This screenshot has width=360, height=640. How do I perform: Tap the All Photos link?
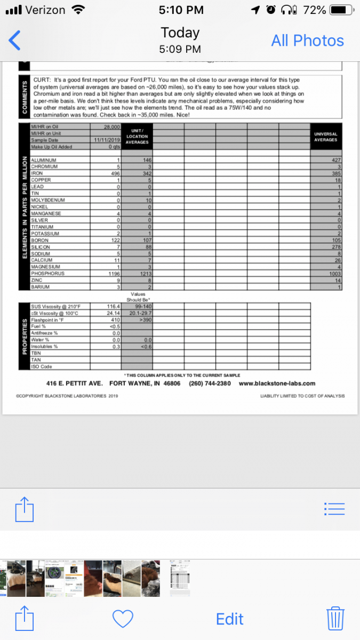point(307,41)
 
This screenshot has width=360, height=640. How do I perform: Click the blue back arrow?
point(15,41)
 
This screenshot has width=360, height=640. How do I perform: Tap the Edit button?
point(229,619)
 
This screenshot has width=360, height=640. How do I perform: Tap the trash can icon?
point(335,619)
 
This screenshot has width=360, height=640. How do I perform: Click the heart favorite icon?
point(123,619)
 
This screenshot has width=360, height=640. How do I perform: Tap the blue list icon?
point(334,509)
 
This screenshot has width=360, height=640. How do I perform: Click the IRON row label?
point(37,173)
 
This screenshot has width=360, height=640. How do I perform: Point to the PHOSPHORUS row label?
point(48,274)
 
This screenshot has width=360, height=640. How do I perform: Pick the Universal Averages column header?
point(326,137)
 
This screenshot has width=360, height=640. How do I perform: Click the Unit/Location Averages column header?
point(138,136)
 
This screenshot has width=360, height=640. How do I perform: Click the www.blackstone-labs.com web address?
point(277,383)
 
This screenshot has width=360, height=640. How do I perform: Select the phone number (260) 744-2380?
point(210,383)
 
